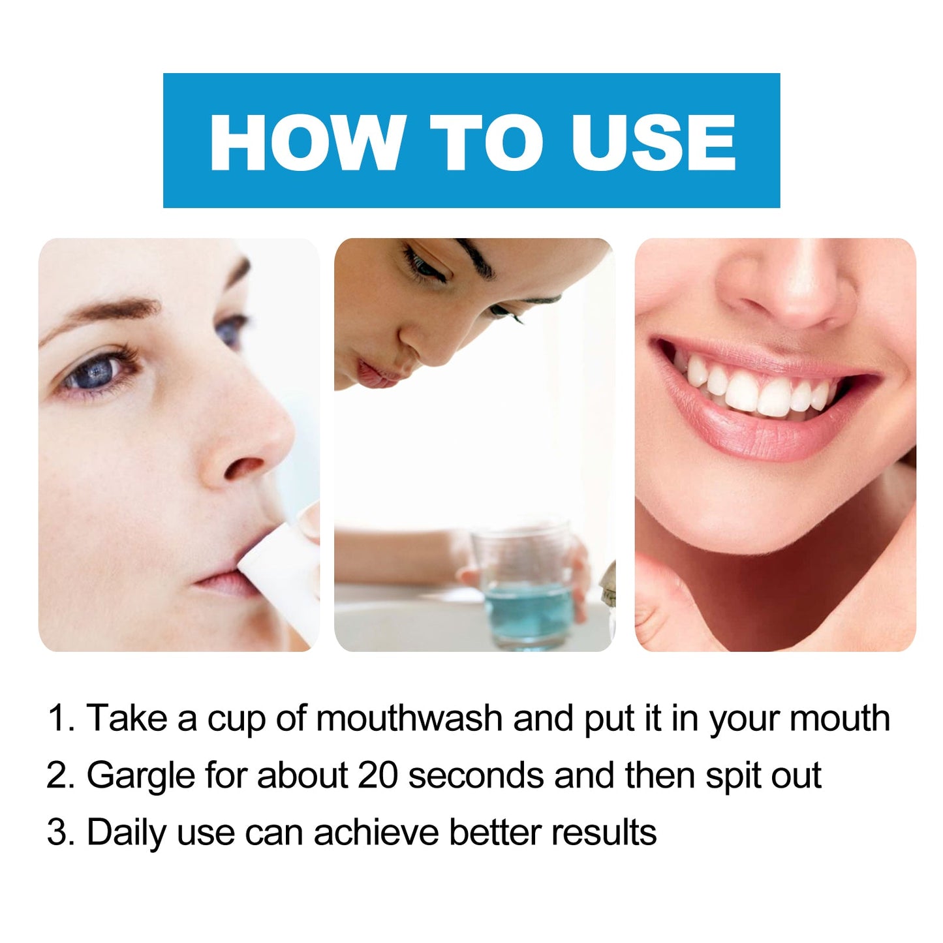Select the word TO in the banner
point(486,142)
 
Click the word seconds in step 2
point(476,776)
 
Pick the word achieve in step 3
point(377,833)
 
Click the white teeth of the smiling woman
point(757,388)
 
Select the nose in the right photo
point(786,287)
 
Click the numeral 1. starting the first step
point(61,719)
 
